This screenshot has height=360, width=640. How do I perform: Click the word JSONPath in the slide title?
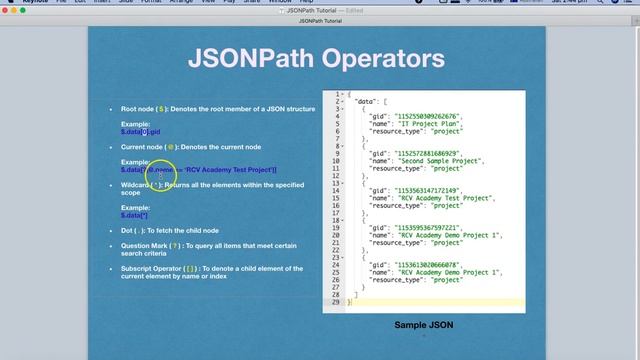[244, 59]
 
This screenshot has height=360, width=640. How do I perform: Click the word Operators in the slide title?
[379, 59]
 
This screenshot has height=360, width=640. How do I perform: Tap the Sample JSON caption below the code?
[423, 325]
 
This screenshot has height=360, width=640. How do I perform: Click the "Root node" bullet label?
[138, 108]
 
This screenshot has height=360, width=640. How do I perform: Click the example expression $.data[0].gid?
[140, 131]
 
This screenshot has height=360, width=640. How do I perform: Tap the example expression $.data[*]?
[134, 215]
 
